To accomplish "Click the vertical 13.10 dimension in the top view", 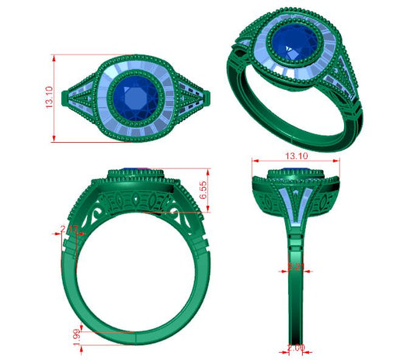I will tap(50, 99).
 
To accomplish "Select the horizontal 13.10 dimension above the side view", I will tap(294, 156).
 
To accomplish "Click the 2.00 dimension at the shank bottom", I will tap(296, 347).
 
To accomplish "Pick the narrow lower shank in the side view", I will tap(295, 310).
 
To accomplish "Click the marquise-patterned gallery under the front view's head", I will tap(136, 203).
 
